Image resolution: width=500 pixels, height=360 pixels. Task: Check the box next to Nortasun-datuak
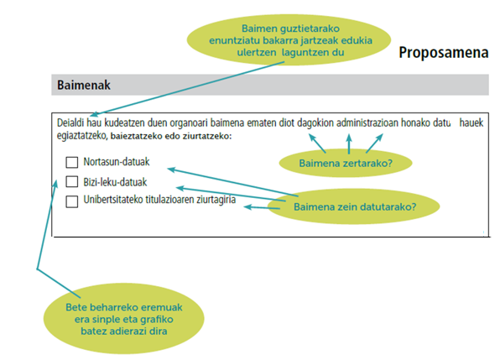point(72,162)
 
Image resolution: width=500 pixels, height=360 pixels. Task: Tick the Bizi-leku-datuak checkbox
point(72,181)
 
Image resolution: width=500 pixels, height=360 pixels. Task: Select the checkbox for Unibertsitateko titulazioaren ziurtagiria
point(72,201)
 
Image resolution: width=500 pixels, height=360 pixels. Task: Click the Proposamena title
point(444,52)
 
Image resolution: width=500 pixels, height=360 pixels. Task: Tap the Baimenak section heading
point(84,85)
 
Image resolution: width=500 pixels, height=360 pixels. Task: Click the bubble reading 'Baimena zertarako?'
point(346,163)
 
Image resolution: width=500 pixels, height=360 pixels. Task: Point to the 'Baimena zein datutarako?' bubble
point(354,206)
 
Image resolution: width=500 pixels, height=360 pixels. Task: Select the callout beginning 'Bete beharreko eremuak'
point(123,319)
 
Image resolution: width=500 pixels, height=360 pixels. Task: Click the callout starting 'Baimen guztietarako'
point(289,39)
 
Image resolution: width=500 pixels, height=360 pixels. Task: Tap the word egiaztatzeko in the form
point(81,136)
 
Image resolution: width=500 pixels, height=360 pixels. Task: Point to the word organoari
point(189,123)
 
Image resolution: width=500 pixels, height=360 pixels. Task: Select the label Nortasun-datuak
point(117,162)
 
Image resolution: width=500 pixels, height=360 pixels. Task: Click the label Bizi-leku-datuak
point(115,182)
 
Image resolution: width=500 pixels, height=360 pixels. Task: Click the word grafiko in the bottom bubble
point(156,319)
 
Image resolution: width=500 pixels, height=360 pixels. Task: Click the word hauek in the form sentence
point(471,123)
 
